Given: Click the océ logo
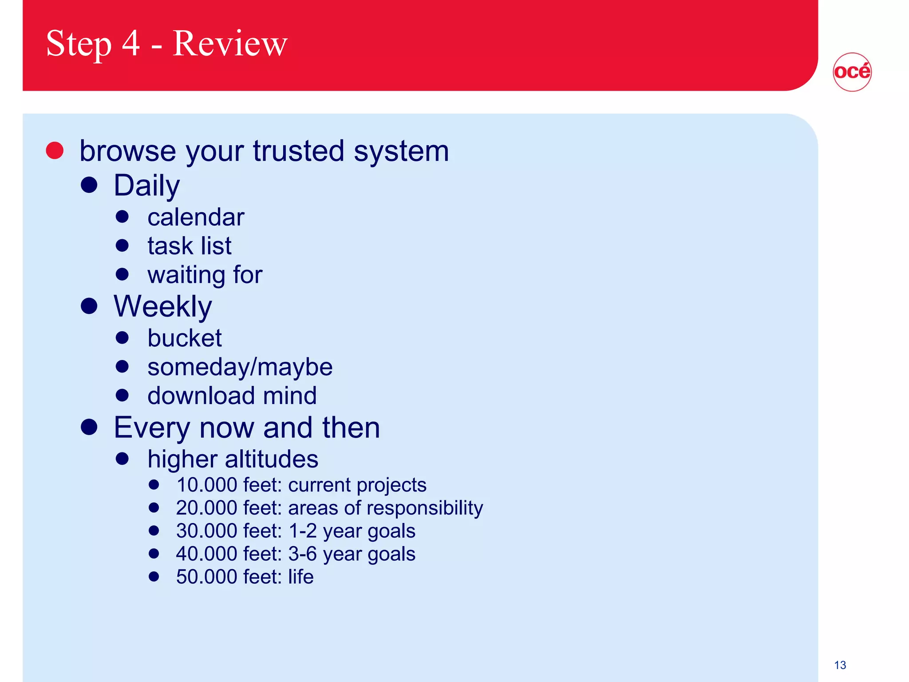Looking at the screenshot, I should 852,72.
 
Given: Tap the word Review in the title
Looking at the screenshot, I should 230,44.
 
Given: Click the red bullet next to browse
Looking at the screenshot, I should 55,151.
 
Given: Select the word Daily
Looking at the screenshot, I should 146,186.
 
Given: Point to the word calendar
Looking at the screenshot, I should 196,217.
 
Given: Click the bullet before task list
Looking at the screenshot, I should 122,246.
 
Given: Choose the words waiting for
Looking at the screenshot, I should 205,274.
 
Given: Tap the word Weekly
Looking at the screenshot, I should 162,306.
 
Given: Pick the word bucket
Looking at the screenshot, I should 184,338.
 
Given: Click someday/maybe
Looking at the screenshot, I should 240,367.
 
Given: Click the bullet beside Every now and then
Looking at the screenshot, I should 89,427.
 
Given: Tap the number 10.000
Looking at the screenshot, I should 206,485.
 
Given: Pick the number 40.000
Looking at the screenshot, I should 206,554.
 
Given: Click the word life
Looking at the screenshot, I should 300,577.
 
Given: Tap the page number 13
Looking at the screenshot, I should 840,665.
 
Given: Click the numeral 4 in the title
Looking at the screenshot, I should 131,44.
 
